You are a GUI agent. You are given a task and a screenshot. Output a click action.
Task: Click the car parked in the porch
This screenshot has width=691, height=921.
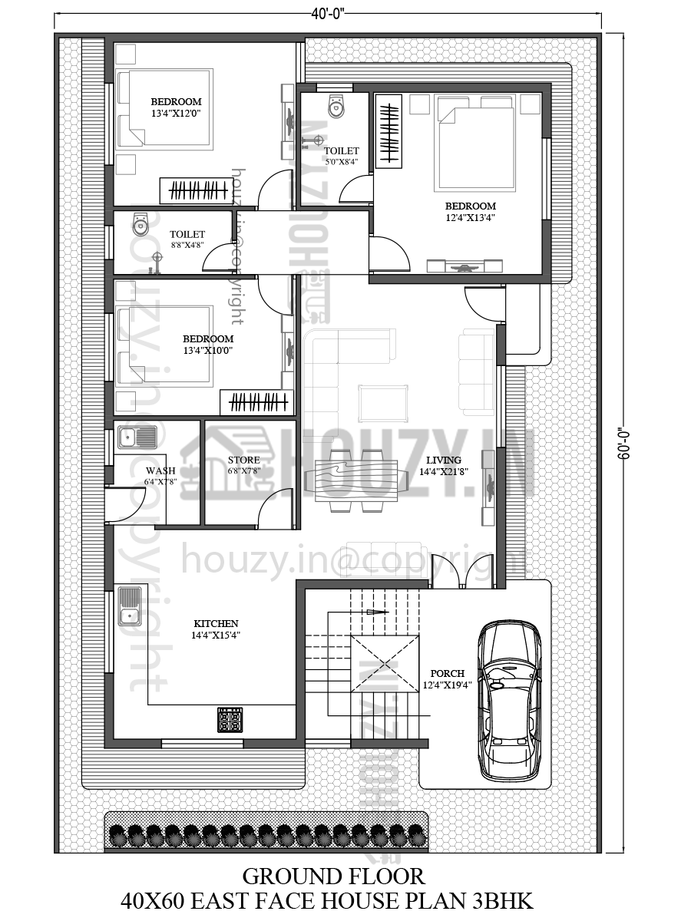509,700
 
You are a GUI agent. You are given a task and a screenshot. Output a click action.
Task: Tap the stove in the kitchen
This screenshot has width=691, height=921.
230,720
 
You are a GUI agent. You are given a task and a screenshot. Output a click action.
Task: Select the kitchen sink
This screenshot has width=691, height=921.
129,606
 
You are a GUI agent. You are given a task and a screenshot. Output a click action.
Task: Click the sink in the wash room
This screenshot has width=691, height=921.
137,438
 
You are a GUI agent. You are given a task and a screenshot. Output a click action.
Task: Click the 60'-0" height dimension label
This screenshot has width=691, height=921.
624,443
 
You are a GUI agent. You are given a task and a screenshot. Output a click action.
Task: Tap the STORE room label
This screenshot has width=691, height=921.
243,460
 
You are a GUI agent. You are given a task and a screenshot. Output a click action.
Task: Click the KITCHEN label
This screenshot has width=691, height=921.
216,624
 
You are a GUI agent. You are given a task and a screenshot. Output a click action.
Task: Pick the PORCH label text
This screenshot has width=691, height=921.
448,673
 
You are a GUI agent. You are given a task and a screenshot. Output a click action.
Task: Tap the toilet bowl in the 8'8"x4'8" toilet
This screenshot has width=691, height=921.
140,225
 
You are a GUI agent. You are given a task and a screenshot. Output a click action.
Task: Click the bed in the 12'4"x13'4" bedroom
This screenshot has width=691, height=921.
474,148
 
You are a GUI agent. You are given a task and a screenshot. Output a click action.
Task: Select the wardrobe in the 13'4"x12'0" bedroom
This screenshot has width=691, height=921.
195,190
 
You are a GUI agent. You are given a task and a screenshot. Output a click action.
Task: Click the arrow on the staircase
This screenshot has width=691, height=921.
376,612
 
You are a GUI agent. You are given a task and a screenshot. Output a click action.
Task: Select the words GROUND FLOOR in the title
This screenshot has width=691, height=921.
333,876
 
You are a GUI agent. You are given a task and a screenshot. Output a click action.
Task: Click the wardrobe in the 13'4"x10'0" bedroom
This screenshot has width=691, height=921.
256,401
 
